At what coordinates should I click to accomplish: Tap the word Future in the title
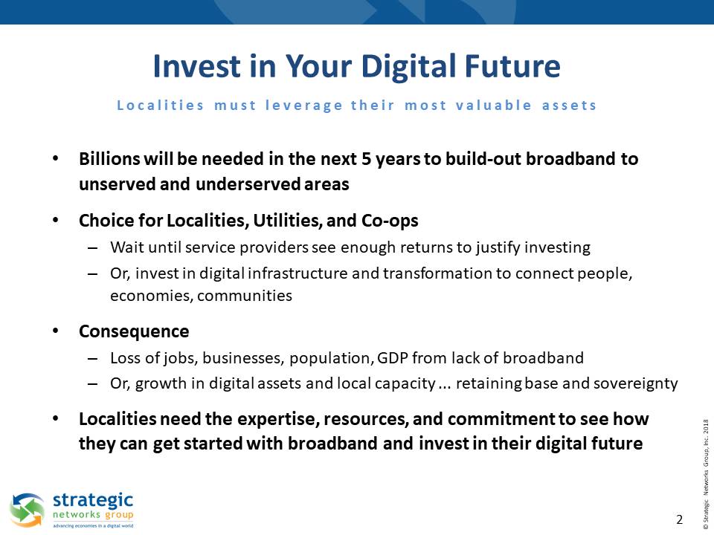512,66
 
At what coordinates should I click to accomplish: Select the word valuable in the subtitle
494,105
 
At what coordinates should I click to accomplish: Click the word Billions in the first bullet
109,159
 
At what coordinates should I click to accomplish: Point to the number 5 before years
367,159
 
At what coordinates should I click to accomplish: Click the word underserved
248,184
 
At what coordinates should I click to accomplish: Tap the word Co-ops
390,221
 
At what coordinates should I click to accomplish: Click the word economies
152,296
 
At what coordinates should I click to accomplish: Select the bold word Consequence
134,331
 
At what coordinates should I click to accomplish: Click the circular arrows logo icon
28,510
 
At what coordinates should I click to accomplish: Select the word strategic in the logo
93,501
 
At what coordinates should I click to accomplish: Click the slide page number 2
679,519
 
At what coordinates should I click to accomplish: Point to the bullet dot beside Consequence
56,331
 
